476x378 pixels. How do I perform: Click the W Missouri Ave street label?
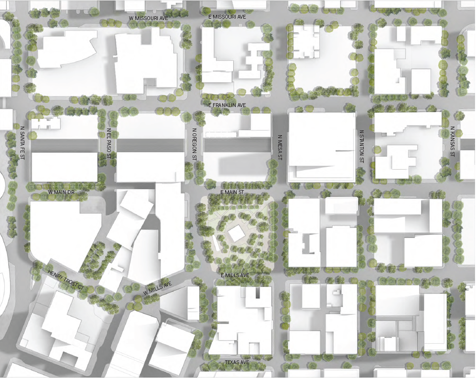[x=149, y=18]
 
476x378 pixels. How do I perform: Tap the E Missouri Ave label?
[x=227, y=17]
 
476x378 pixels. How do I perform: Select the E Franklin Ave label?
[x=227, y=105]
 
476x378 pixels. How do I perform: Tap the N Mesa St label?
[x=281, y=147]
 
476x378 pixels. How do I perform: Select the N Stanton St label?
[x=362, y=147]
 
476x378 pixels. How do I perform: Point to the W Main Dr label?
[x=62, y=192]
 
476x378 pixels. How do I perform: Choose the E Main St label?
[x=232, y=192]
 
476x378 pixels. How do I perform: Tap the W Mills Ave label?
[x=157, y=289]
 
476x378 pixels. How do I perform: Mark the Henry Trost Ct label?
[x=65, y=281]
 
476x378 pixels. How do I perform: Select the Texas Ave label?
[x=237, y=363]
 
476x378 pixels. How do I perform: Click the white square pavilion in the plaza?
[x=236, y=234]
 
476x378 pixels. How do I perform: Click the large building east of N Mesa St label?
[x=322, y=146]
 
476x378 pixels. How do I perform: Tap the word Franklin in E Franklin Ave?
[x=227, y=105]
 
